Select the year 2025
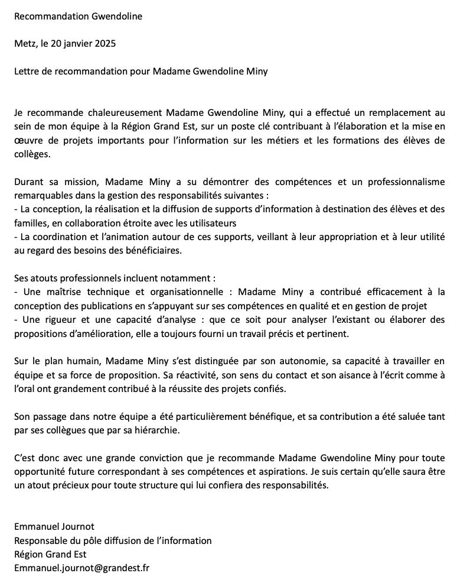click(x=104, y=44)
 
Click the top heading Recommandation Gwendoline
click(x=78, y=16)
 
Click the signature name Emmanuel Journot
click(x=54, y=526)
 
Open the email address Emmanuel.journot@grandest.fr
click(x=82, y=568)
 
